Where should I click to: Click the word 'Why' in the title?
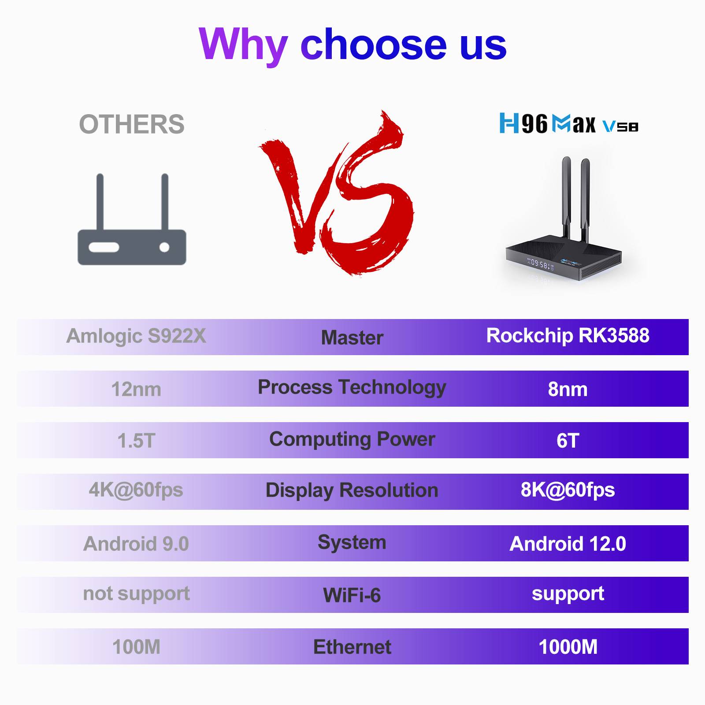244,45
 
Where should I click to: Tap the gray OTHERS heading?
132,124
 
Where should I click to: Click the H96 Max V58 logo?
568,123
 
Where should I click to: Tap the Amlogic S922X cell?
136,336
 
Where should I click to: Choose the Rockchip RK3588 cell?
568,336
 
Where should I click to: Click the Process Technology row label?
352,388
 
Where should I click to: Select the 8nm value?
568,390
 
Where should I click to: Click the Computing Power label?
352,440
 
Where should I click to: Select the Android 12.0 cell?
568,544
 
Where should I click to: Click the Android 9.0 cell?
136,544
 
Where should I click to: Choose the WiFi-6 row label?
352,596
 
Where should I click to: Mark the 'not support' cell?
136,594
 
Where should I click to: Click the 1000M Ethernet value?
568,647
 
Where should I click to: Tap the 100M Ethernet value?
136,647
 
